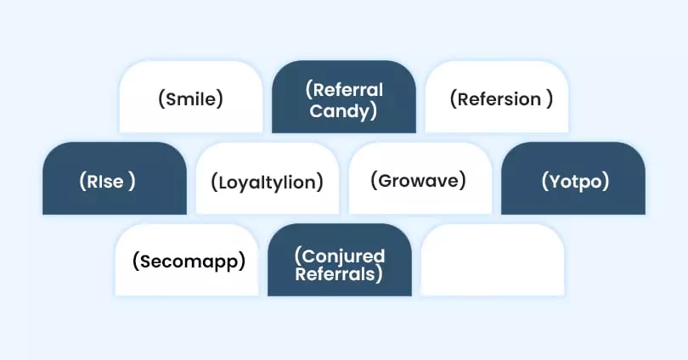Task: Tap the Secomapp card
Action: (187, 260)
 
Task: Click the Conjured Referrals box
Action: (340, 260)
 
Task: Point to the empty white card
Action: (493, 260)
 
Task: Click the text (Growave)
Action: (419, 180)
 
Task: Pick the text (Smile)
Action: (190, 98)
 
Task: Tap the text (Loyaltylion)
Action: (268, 181)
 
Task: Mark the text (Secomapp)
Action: (189, 261)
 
